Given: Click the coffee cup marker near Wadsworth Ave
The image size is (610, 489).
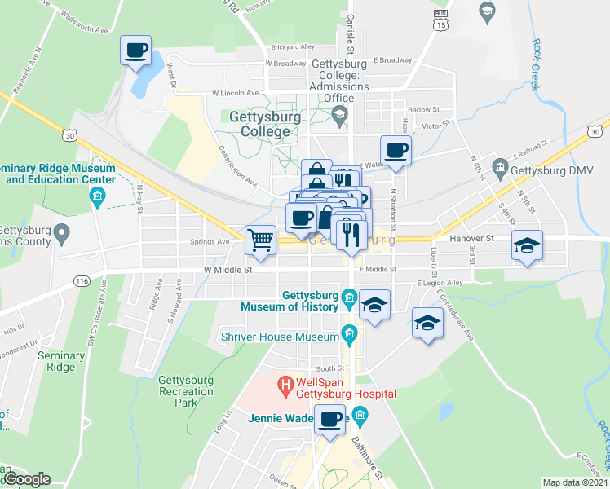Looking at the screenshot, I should (135, 51).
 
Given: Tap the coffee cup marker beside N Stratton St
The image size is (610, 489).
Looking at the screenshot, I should (396, 150).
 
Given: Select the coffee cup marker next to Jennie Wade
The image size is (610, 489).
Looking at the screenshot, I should (330, 419).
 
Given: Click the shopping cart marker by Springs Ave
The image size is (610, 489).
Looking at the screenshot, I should (260, 240).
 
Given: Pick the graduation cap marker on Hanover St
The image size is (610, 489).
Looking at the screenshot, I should (527, 244).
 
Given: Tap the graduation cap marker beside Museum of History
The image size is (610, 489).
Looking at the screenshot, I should (374, 305).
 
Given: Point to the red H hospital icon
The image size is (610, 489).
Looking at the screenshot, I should (285, 382).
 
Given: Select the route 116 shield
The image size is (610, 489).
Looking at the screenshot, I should (81, 280).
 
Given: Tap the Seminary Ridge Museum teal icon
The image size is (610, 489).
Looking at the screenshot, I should (97, 196).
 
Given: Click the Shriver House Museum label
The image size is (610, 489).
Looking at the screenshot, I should (280, 337).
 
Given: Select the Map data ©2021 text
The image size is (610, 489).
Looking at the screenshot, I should (575, 482).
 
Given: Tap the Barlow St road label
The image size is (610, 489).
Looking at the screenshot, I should (423, 109).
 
